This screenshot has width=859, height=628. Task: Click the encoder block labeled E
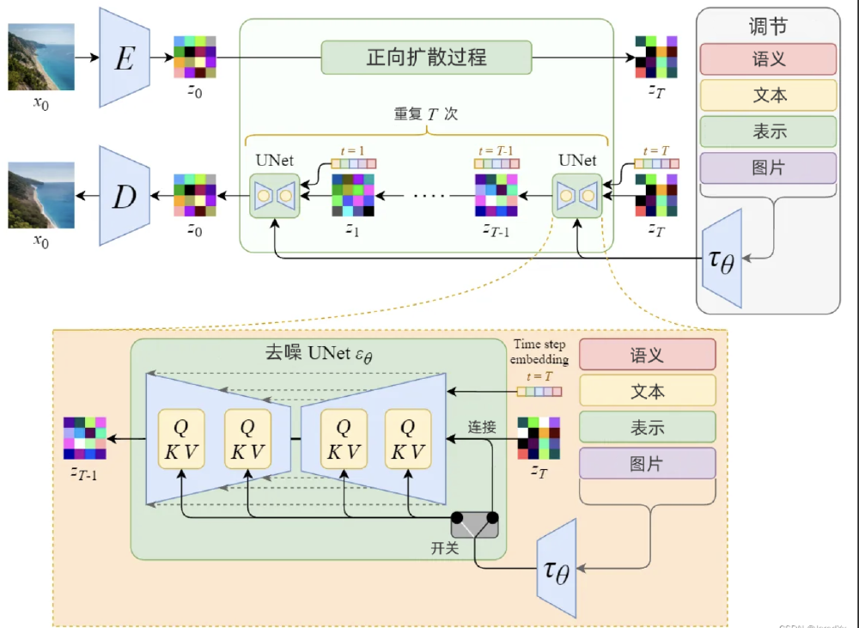[x=125, y=58]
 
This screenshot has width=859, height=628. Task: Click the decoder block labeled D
[x=125, y=197]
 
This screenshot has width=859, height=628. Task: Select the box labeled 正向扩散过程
[x=426, y=58]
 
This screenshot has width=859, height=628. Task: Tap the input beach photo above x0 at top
[x=41, y=57]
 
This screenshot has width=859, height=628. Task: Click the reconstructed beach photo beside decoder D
[x=41, y=197]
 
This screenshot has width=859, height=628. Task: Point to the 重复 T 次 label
[x=426, y=113]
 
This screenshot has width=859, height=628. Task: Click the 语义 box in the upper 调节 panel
[x=768, y=59]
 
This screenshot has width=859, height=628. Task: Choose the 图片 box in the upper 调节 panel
[x=768, y=168]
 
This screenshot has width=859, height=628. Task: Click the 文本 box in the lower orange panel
[x=647, y=391]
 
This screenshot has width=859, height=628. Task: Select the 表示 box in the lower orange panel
[x=647, y=427]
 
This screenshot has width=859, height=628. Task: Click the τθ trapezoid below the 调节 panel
[x=722, y=257]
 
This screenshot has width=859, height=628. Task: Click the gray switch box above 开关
[x=475, y=523]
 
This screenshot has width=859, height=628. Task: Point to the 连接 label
[x=482, y=426]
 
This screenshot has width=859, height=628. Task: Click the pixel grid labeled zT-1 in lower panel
[x=85, y=438]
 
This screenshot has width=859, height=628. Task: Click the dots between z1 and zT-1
[x=429, y=195]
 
